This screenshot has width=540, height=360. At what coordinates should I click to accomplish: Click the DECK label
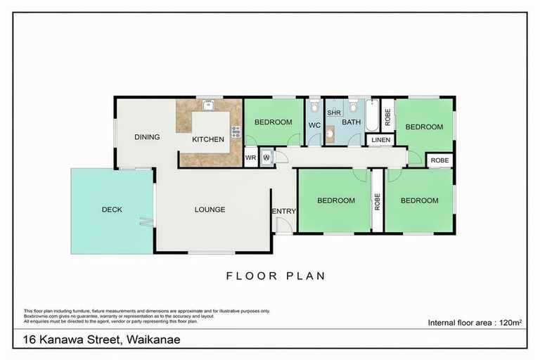(x=112, y=210)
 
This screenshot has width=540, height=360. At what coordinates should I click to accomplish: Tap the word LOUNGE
(x=210, y=210)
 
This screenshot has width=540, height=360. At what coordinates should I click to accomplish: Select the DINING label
(x=147, y=137)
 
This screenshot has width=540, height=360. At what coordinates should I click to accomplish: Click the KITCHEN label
(x=208, y=139)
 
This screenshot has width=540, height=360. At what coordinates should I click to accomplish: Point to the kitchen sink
(x=209, y=105)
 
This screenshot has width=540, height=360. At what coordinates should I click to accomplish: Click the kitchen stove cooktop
(x=235, y=130)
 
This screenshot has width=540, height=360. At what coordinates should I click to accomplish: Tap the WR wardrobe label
(x=250, y=157)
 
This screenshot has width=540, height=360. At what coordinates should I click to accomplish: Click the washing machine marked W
(x=266, y=157)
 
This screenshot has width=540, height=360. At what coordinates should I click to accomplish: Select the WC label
(x=314, y=126)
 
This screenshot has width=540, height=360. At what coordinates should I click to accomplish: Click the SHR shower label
(x=334, y=112)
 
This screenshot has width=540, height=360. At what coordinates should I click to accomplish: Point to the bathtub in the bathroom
(x=371, y=115)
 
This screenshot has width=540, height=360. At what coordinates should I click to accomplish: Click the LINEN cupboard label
(x=380, y=140)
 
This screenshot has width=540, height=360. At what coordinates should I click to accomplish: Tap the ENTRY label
(x=283, y=211)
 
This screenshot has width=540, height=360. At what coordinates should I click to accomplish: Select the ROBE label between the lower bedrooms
(x=377, y=202)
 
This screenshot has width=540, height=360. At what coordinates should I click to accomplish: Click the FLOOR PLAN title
(x=276, y=276)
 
